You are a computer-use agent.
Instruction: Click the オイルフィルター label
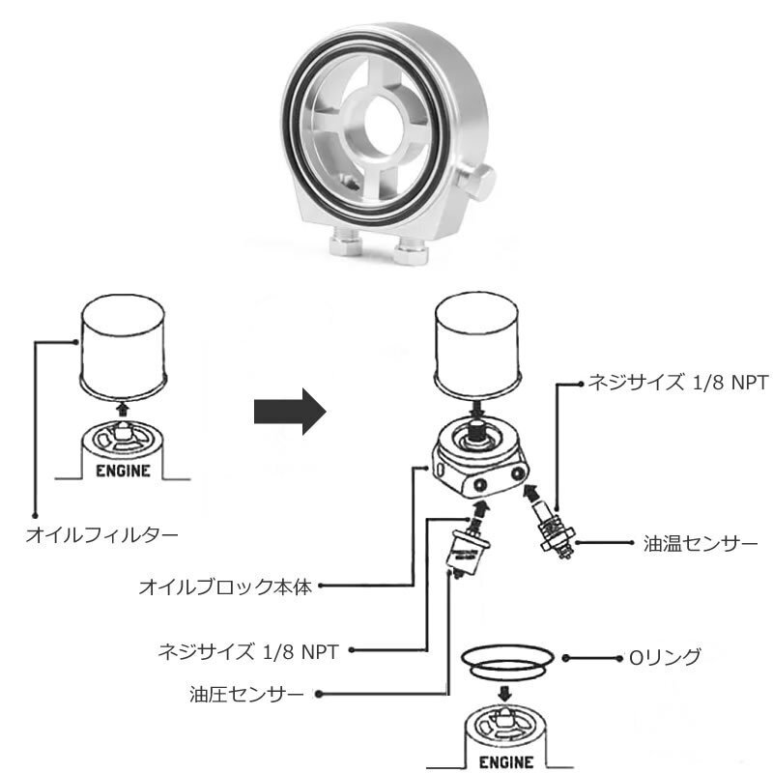(x=100, y=533)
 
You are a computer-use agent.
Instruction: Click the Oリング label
(x=664, y=657)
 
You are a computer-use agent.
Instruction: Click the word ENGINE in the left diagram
(x=122, y=472)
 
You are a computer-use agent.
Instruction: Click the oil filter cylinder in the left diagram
(x=123, y=345)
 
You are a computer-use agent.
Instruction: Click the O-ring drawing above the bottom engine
(x=507, y=660)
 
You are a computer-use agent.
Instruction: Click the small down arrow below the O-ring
(x=506, y=694)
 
